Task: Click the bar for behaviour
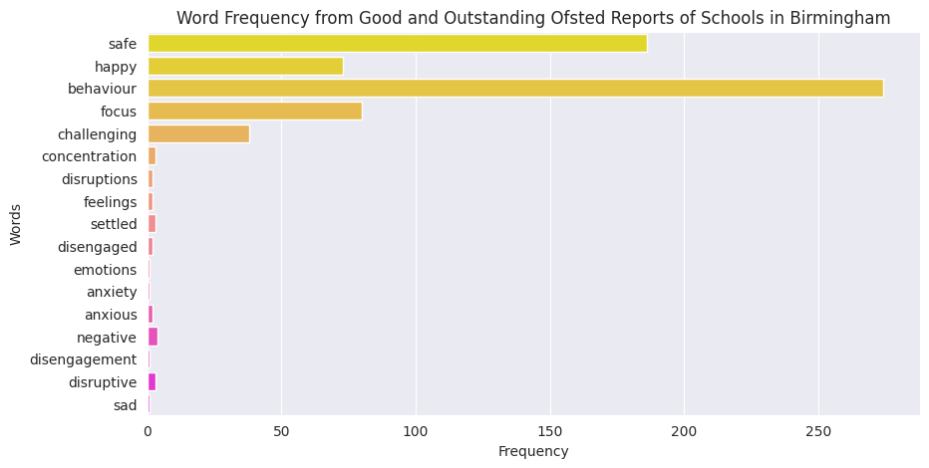click(x=515, y=89)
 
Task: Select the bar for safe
click(x=397, y=44)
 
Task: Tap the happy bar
click(x=245, y=67)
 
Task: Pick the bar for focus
click(x=254, y=112)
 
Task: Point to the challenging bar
click(x=198, y=134)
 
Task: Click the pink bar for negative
click(x=153, y=338)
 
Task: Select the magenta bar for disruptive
click(x=152, y=382)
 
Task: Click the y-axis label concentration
click(x=89, y=156)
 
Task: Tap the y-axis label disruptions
click(x=98, y=179)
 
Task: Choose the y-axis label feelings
click(x=110, y=202)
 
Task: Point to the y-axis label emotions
click(x=105, y=270)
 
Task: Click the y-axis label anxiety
click(x=112, y=292)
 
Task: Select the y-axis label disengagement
click(x=83, y=359)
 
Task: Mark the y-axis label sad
click(x=125, y=405)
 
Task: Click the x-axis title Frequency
click(x=533, y=452)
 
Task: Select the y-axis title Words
click(x=16, y=224)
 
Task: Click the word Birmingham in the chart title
click(x=840, y=18)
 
